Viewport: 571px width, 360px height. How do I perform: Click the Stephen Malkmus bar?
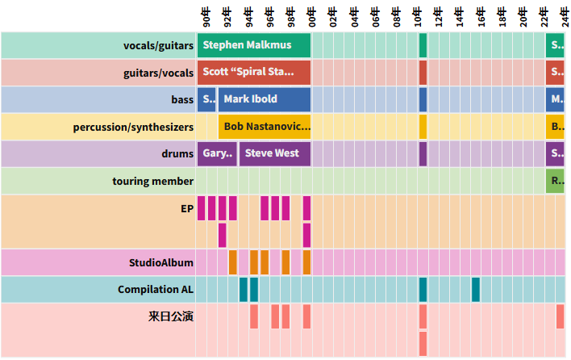point(254,45)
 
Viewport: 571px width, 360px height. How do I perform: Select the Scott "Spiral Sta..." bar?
point(254,72)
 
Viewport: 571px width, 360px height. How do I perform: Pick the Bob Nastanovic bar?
point(265,127)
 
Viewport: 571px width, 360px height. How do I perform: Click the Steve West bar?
point(275,153)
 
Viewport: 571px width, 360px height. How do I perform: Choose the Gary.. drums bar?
point(217,153)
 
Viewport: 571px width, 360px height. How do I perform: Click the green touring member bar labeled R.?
point(556,181)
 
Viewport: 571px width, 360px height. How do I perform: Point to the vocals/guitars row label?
point(158,45)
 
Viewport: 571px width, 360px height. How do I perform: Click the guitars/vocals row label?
point(158,73)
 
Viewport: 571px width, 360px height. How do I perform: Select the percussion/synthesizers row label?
point(133,127)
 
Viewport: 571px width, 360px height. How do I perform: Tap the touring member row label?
point(152,181)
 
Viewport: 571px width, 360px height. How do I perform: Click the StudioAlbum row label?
point(161,262)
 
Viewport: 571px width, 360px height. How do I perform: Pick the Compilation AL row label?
point(156,289)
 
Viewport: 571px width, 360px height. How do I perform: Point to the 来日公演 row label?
point(171,316)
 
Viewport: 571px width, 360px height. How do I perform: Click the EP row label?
point(187,208)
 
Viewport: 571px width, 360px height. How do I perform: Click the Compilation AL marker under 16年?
point(476,289)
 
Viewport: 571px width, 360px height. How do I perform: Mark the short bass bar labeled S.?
point(206,99)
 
